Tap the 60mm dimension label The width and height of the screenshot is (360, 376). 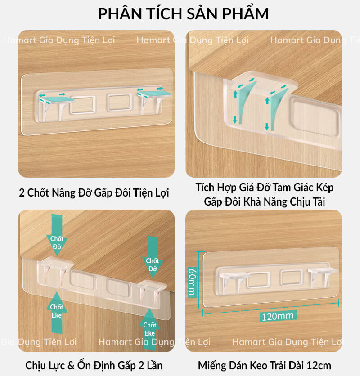click(x=192, y=282)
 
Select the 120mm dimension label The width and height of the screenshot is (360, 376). click(x=278, y=316)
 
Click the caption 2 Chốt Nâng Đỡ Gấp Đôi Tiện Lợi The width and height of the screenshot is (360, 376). click(x=94, y=192)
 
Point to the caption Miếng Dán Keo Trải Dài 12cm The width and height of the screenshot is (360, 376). click(x=265, y=366)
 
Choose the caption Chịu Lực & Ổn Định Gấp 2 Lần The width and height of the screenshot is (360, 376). click(x=94, y=366)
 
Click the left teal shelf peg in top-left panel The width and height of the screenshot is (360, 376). click(x=57, y=99)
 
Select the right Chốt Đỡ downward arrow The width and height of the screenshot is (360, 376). click(x=153, y=257)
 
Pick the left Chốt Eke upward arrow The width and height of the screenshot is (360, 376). click(x=57, y=313)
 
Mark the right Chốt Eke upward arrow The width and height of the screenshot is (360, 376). click(x=150, y=330)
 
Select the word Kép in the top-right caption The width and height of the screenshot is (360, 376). click(x=325, y=188)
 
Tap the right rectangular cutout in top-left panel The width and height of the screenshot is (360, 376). click(x=120, y=102)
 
